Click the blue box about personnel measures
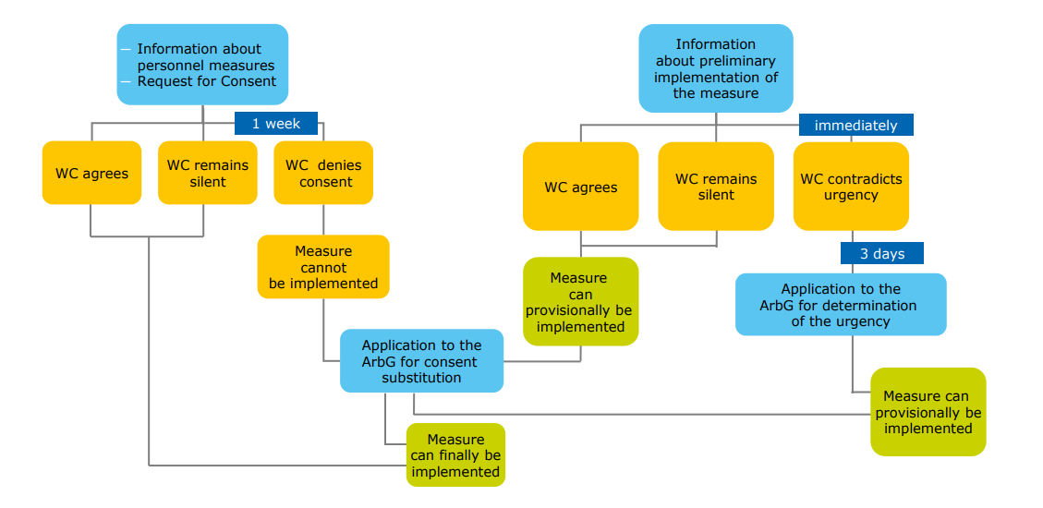[x=202, y=64]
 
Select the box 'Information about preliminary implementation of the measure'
[x=715, y=68]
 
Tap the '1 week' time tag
[x=275, y=123]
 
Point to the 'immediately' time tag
[x=855, y=126]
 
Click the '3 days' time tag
[x=881, y=253]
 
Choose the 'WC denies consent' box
[x=323, y=174]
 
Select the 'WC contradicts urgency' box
[x=851, y=187]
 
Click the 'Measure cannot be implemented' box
[x=323, y=267]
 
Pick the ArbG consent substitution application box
[x=421, y=361]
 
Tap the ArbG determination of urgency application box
[x=841, y=305]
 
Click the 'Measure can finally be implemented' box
[x=455, y=455]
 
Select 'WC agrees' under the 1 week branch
[x=91, y=173]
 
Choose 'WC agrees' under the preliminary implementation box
[x=580, y=187]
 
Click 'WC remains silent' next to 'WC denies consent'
[x=207, y=173]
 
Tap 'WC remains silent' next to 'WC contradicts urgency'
[x=716, y=187]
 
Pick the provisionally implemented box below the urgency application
[x=928, y=412]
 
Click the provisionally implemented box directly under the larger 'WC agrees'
[x=580, y=302]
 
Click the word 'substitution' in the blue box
[x=421, y=378]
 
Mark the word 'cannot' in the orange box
[x=323, y=268]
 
